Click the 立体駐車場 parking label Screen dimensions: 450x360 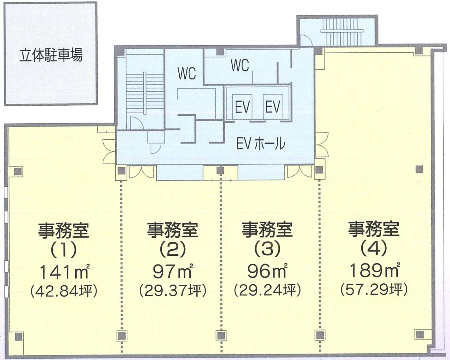click(51, 55)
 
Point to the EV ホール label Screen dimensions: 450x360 click(261, 144)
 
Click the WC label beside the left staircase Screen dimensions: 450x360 click(187, 73)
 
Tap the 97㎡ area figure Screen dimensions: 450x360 click(173, 271)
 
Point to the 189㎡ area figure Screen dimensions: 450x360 click(374, 270)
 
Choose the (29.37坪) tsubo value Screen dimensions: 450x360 click(173, 291)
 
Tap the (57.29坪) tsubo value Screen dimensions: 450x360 click(374, 290)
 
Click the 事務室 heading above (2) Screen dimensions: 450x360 click(173, 230)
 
